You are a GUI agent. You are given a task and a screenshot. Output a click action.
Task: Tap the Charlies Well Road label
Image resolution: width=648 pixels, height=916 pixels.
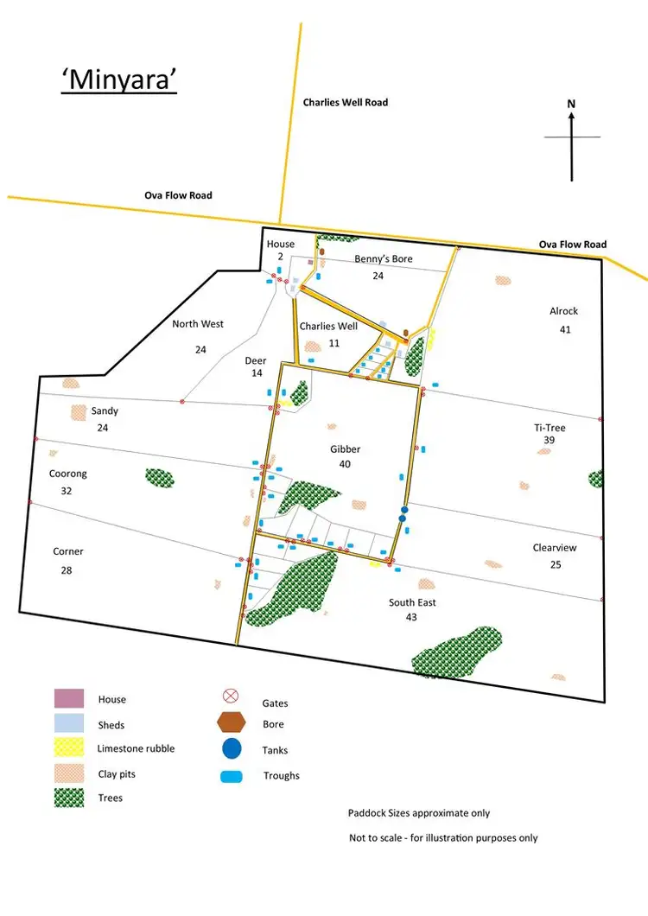pyautogui.click(x=345, y=102)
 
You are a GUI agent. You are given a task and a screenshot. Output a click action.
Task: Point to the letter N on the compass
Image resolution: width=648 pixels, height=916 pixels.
pyautogui.click(x=571, y=104)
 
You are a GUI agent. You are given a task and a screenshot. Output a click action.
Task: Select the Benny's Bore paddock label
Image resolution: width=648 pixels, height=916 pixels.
pyautogui.click(x=383, y=259)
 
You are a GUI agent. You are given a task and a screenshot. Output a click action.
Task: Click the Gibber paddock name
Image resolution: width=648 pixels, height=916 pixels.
pyautogui.click(x=345, y=449)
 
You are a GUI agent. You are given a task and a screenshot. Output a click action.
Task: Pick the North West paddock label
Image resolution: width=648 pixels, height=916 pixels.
pyautogui.click(x=197, y=324)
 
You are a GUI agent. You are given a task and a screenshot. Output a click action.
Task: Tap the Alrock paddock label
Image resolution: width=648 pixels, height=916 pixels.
pyautogui.click(x=563, y=311)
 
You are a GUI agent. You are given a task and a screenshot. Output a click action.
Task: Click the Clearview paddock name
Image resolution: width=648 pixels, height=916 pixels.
pyautogui.click(x=554, y=548)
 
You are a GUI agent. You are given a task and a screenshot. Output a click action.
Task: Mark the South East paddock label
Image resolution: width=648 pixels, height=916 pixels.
pyautogui.click(x=412, y=602)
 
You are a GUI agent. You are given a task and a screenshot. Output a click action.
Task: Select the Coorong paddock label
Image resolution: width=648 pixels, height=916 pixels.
pyautogui.click(x=68, y=474)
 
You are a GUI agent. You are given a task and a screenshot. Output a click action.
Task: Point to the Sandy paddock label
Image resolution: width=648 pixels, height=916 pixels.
pyautogui.click(x=105, y=411)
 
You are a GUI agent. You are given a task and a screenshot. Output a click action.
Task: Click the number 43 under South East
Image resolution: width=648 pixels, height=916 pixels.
pyautogui.click(x=411, y=617)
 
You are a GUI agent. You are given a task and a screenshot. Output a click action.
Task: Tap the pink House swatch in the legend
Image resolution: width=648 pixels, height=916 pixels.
pyautogui.click(x=69, y=698)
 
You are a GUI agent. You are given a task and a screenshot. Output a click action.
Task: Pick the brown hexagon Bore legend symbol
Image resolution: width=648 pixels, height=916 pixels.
pyautogui.click(x=232, y=723)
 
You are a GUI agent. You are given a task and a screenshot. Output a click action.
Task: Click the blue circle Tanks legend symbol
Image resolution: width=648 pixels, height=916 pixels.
pyautogui.click(x=232, y=749)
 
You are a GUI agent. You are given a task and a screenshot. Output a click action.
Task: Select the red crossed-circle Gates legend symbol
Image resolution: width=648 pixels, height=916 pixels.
pyautogui.click(x=231, y=697)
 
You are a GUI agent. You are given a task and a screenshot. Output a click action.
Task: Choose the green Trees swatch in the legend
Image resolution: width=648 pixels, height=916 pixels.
pyautogui.click(x=69, y=797)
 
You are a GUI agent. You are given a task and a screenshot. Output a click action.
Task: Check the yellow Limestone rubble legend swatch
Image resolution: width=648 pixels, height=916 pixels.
pyautogui.click(x=69, y=748)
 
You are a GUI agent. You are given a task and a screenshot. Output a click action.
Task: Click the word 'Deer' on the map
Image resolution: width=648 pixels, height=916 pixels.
pyautogui.click(x=255, y=360)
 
